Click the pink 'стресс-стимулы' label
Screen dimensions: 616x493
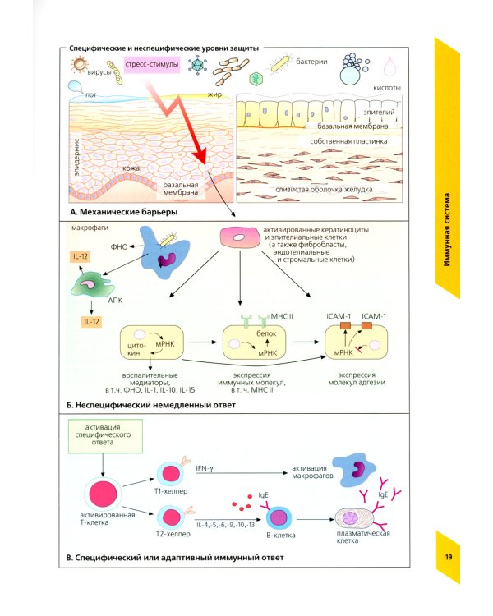tap(151, 64)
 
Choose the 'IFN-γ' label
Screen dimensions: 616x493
tap(205, 468)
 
